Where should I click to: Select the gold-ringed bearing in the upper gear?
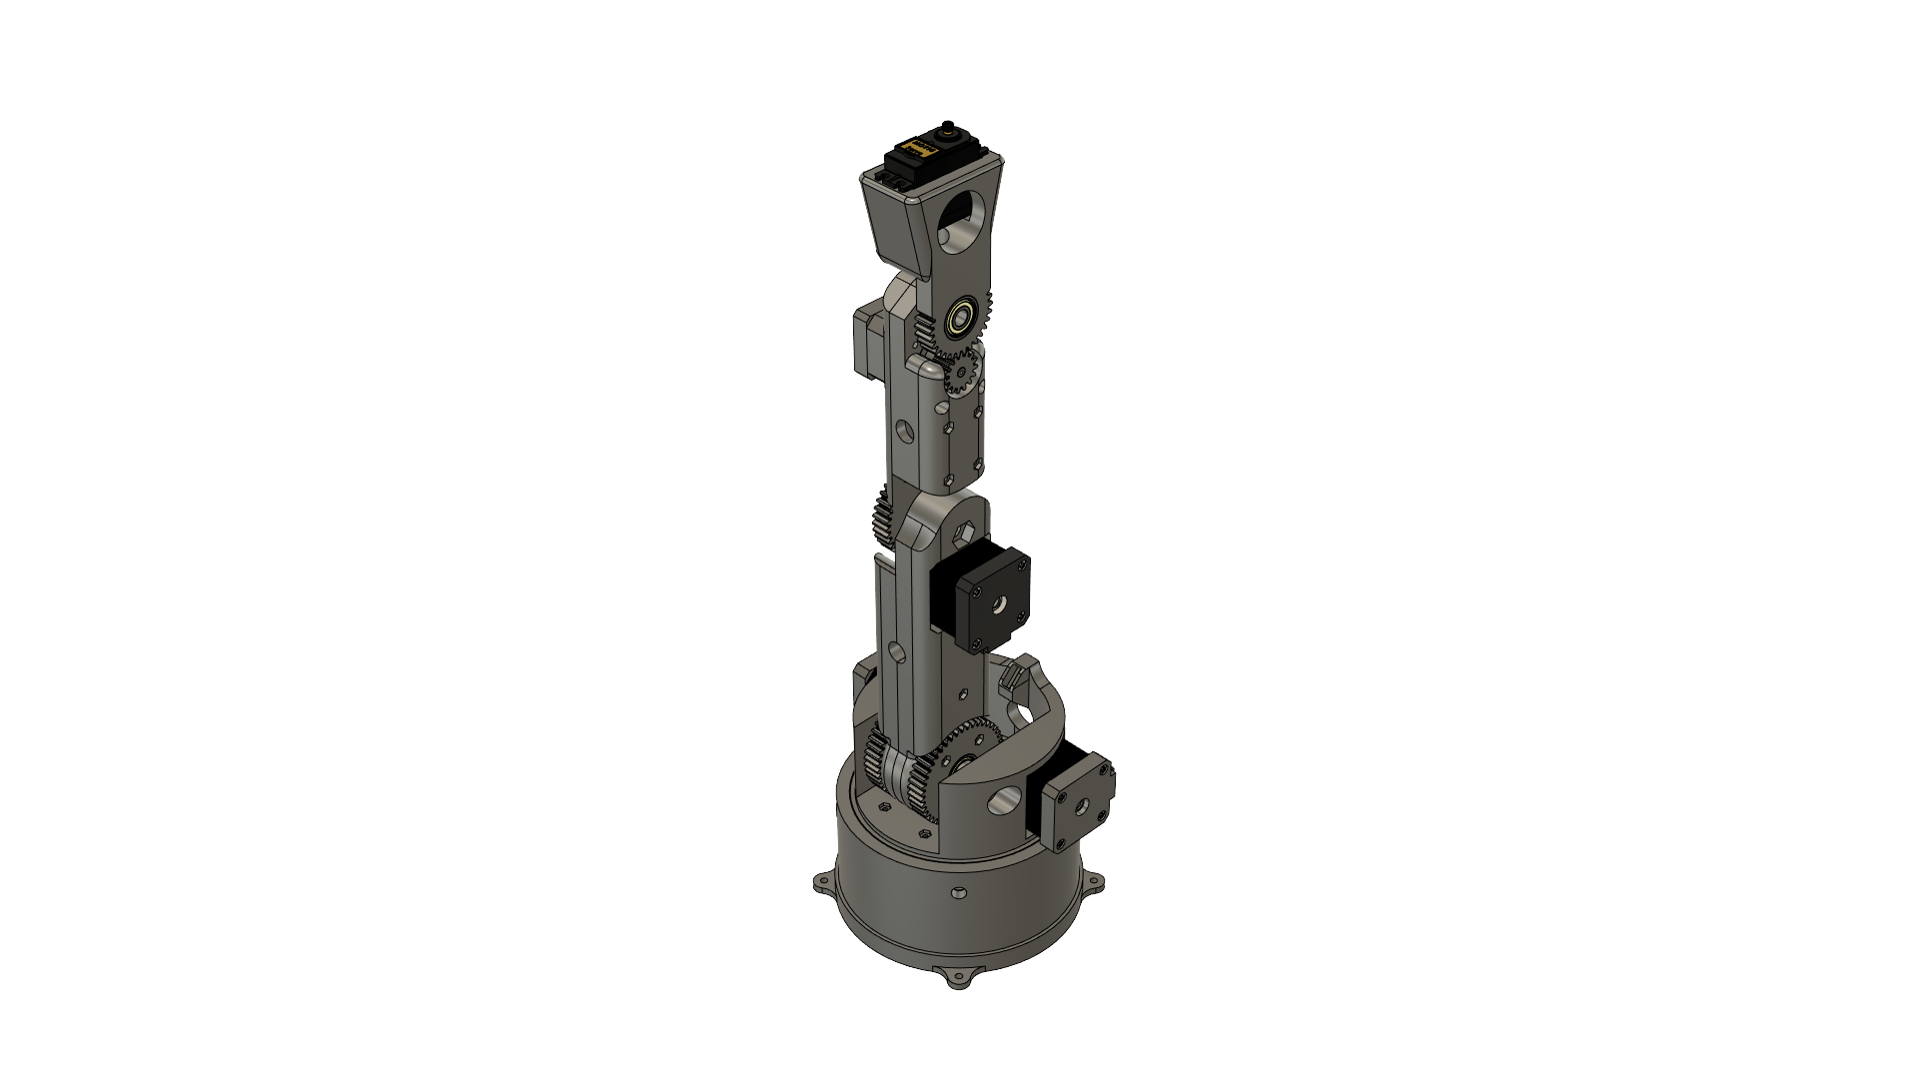point(962,319)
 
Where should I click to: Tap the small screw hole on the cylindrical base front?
point(957,891)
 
